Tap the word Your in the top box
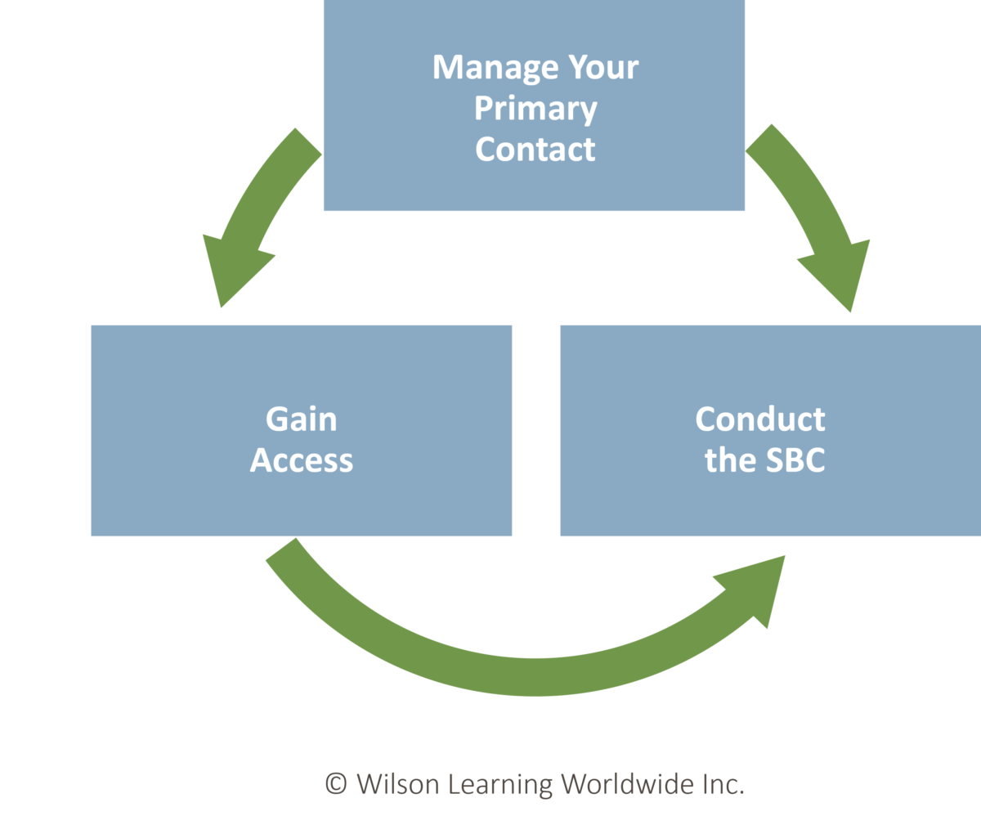pos(600,67)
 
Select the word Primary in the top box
pos(535,110)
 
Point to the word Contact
pos(535,150)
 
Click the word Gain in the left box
pos(301,419)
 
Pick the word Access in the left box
pos(301,460)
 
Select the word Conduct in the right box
pos(760,419)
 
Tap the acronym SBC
pos(795,460)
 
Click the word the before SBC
pos(730,460)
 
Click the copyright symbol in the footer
pos(336,784)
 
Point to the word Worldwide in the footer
pos(627,784)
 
